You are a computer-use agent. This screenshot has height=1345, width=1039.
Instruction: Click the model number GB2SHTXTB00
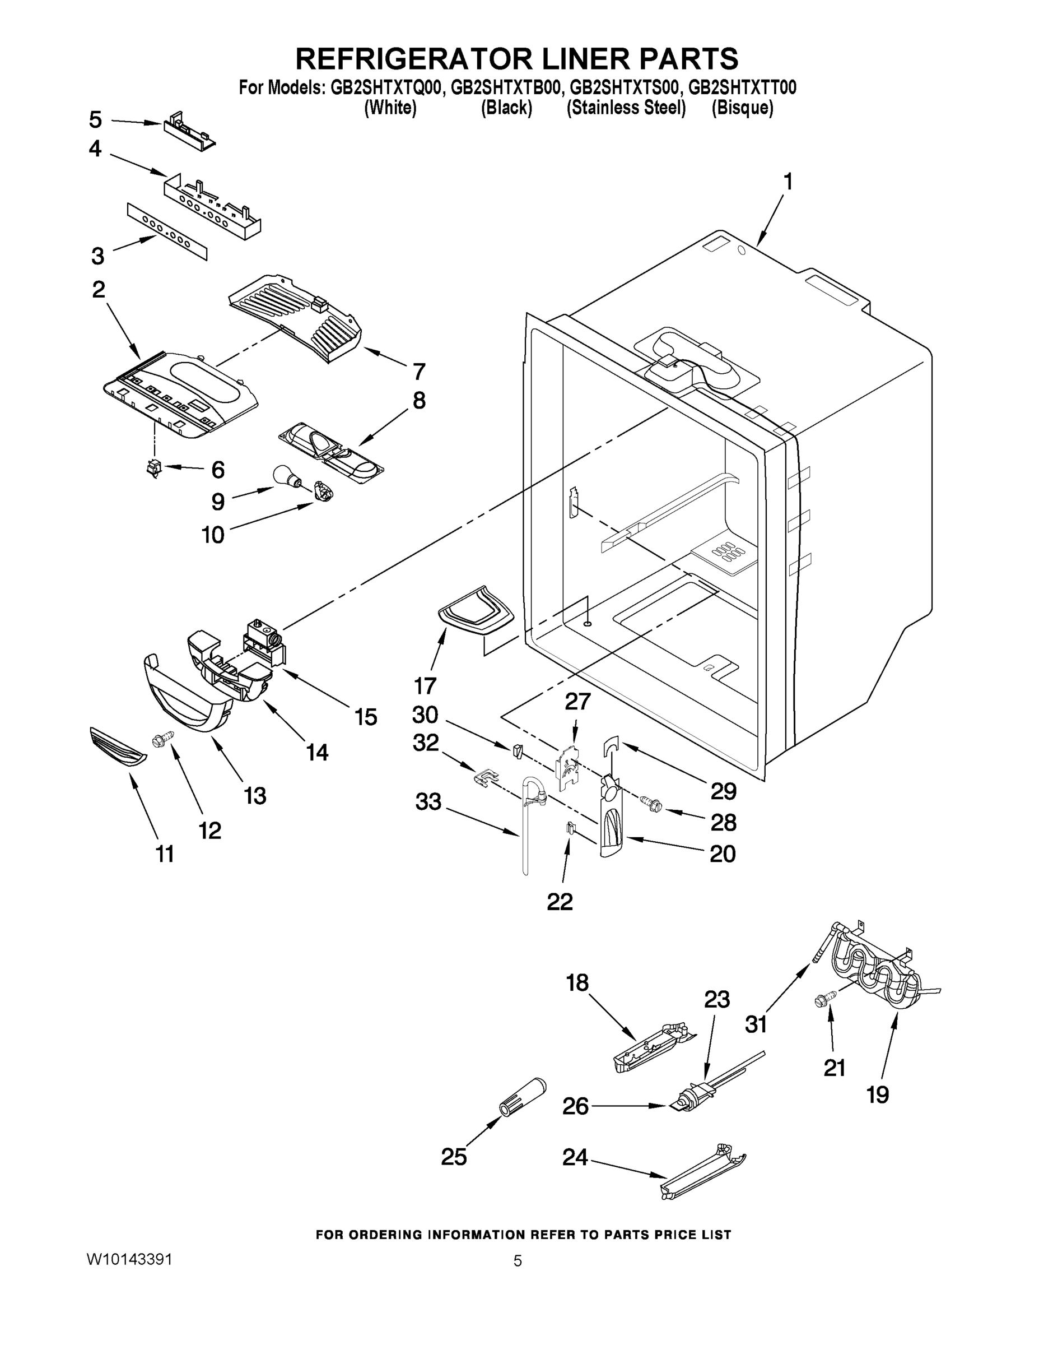coord(506,88)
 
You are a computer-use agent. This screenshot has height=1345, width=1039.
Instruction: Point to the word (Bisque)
coord(742,108)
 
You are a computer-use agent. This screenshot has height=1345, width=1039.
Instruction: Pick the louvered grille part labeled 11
coord(118,746)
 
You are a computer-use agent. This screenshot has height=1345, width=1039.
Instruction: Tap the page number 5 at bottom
coord(518,1261)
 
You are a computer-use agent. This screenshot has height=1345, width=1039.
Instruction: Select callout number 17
coord(425,685)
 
